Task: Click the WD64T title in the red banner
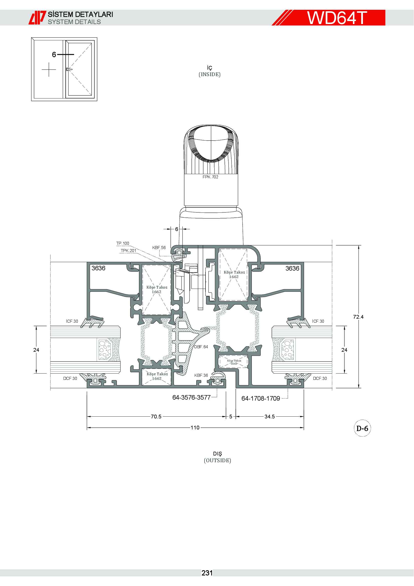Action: point(337,18)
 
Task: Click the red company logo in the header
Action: point(37,18)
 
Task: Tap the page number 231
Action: point(207,573)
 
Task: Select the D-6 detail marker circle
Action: point(362,428)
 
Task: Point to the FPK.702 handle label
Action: point(210,177)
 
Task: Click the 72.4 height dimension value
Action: point(358,317)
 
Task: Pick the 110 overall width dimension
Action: point(195,427)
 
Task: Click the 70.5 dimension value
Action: point(156,417)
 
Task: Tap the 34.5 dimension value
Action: point(270,417)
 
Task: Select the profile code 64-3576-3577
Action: point(191,397)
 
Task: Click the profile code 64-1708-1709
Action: point(261,398)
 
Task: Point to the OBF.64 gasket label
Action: point(201,347)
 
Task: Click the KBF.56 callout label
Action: point(159,248)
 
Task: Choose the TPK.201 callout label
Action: point(128,251)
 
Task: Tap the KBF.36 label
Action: point(201,376)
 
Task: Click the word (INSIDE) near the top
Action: point(210,74)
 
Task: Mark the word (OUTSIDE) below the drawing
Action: point(218,460)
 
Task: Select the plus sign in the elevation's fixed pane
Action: point(49,69)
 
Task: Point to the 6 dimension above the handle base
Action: point(176,229)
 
